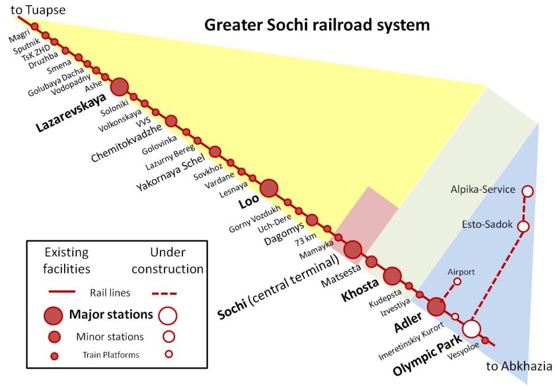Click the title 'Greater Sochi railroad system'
[x=316, y=26]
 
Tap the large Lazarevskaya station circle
[x=120, y=87]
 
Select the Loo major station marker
[x=270, y=188]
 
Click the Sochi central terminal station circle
[x=353, y=250]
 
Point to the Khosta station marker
[x=392, y=276]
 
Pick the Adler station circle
[x=437, y=307]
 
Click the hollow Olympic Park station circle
[x=472, y=329]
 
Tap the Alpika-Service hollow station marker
[x=527, y=191]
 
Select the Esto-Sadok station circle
[x=523, y=226]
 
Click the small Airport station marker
[x=457, y=282]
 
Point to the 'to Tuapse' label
[x=38, y=10]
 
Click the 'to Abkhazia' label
[x=519, y=366]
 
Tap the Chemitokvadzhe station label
[x=126, y=143]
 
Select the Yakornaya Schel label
[x=171, y=172]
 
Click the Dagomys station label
[x=284, y=234]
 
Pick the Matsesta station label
[x=341, y=275]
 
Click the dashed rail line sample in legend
[x=164, y=293]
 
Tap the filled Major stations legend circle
[x=54, y=316]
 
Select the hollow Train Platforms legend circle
[x=169, y=353]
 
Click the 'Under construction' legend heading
[x=167, y=260]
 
